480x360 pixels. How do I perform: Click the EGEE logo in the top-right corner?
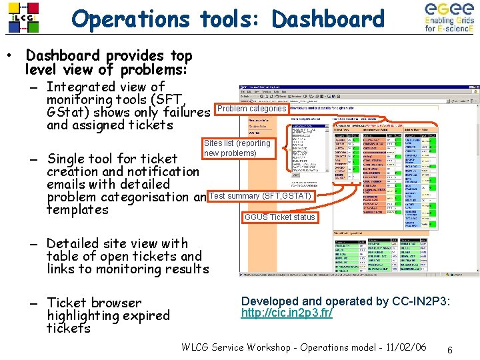[x=449, y=18]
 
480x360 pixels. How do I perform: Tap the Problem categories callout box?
[x=251, y=109]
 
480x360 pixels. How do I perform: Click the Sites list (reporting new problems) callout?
[x=237, y=148]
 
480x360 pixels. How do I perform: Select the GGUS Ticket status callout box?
[x=279, y=217]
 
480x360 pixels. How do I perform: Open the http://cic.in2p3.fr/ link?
[x=287, y=313]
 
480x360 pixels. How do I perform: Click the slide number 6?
[x=450, y=350]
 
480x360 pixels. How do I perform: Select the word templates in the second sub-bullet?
[x=77, y=209]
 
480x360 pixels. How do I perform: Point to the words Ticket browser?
[x=94, y=303]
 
